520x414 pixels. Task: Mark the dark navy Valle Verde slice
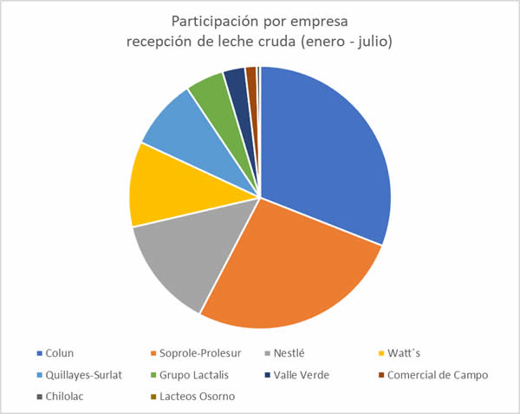[235, 82]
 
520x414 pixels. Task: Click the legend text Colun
[60, 353]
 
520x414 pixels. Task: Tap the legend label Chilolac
[66, 397]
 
